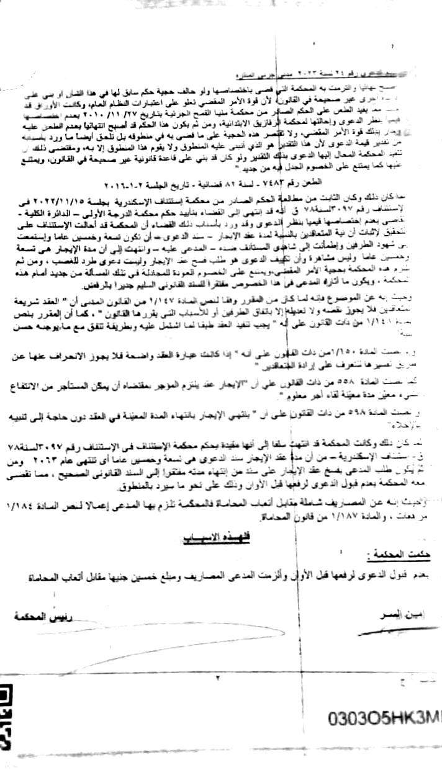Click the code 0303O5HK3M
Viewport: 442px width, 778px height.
tap(385, 719)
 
